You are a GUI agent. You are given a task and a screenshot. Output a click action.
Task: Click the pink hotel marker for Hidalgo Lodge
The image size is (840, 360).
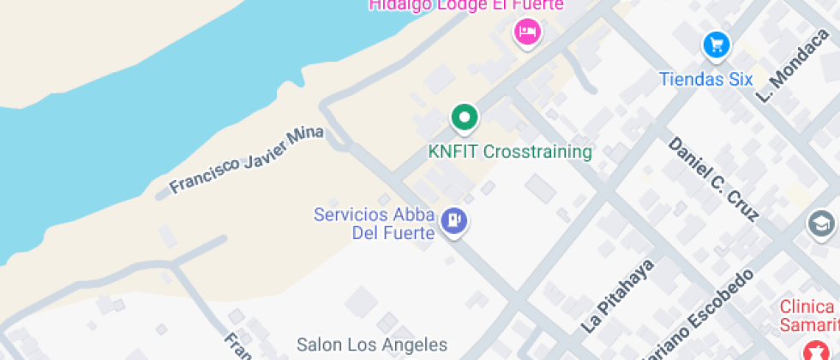point(526,33)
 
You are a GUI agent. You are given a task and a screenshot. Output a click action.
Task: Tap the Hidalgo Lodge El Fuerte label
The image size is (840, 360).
point(465,5)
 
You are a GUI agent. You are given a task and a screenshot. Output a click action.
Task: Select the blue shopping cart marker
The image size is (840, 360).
point(716,45)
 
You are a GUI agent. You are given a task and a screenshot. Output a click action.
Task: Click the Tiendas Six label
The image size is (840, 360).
point(705,80)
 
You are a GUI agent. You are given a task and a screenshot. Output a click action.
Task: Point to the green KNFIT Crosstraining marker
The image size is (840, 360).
point(465,117)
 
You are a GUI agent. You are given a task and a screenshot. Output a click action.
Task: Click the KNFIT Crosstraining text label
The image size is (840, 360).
point(510,152)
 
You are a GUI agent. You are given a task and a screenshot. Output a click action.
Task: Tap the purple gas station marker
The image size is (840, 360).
point(453,221)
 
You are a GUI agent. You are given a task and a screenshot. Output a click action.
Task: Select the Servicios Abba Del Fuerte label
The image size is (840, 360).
point(375,224)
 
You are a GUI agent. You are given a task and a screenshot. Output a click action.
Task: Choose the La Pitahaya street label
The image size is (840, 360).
point(617,295)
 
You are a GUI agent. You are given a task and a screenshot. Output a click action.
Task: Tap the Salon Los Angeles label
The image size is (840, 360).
point(372,345)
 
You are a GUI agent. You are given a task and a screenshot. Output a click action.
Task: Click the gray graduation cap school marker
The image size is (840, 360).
point(821,225)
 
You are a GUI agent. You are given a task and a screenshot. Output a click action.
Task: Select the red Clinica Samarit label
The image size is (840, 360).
point(809,315)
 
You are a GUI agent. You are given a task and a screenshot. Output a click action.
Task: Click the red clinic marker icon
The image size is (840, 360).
point(810,351)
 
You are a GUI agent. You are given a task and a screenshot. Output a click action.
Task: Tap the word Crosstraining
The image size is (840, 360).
point(537,152)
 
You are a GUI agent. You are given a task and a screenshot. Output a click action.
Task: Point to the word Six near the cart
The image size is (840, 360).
point(738,80)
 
